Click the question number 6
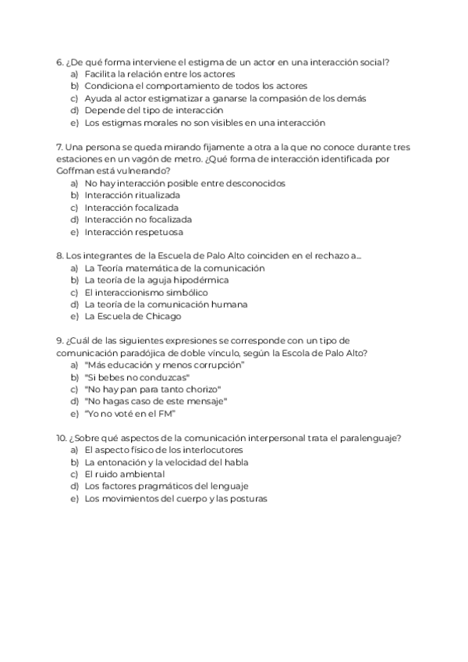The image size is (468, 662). tap(59, 62)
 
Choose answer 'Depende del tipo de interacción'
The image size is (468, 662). tap(137, 110)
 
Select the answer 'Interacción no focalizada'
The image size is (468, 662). tap(138, 220)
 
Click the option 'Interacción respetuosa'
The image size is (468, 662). tap(133, 232)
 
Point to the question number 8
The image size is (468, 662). tap(59, 255)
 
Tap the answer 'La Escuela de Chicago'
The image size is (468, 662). tap(133, 316)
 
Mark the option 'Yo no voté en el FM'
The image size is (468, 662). tap(130, 414)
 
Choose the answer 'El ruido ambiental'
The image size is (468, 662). tap(124, 474)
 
